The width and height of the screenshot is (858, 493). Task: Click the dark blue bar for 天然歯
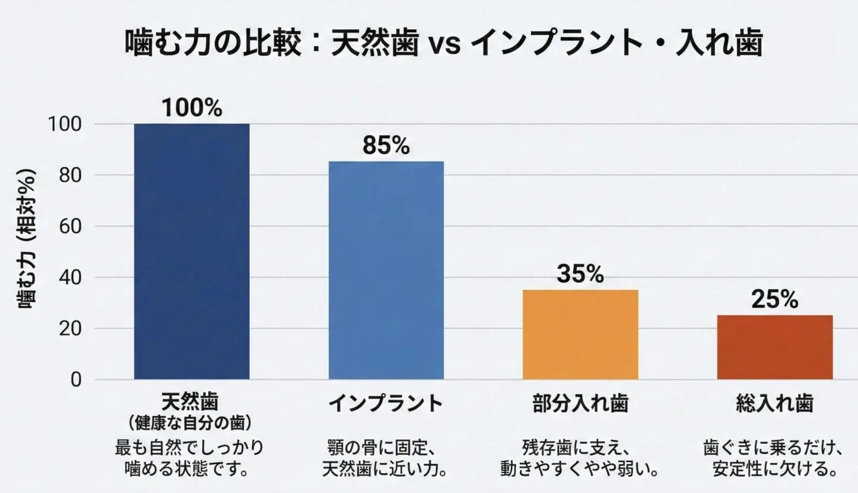point(192,251)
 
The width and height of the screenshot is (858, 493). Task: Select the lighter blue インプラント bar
point(386,270)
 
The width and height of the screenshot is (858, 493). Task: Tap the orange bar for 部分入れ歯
point(580,334)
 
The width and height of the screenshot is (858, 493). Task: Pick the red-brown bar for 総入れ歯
point(775,347)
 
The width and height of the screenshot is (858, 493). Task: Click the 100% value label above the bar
point(192,108)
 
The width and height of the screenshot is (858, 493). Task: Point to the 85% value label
point(386,145)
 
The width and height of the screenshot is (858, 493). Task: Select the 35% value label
point(580,274)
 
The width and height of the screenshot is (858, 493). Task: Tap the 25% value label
point(775,299)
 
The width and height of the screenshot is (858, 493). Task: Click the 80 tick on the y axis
point(70,175)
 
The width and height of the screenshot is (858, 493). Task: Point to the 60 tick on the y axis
point(70,226)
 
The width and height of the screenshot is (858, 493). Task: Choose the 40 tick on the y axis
point(70,277)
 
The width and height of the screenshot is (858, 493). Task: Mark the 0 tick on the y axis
point(76,380)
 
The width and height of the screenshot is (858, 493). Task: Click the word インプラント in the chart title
point(555,43)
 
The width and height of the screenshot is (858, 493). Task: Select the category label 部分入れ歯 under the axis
point(580,404)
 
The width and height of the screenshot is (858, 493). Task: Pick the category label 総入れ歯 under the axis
point(775,404)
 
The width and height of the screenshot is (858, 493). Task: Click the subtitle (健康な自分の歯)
point(190,422)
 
